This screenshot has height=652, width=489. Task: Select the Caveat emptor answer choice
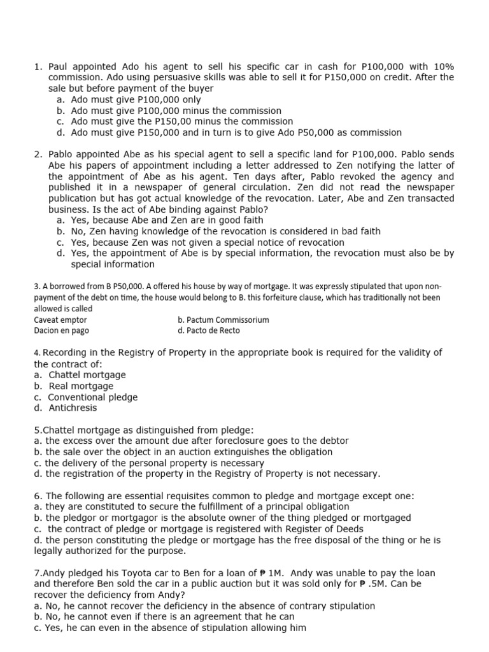coord(60,320)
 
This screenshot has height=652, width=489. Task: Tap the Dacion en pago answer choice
coord(62,330)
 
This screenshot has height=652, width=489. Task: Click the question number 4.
coord(37,353)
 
